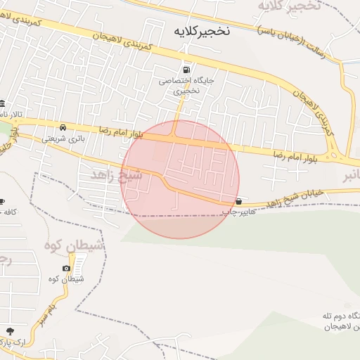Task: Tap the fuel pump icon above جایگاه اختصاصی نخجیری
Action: (x=186, y=69)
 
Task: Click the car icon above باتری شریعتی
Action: (x=63, y=128)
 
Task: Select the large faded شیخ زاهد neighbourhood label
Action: (x=117, y=174)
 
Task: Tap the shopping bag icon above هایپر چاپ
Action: (x=240, y=200)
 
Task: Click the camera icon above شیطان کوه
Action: (x=66, y=268)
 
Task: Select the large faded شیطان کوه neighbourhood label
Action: (x=75, y=245)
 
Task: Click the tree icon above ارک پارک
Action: (x=9, y=331)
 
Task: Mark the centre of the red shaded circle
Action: (x=180, y=179)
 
